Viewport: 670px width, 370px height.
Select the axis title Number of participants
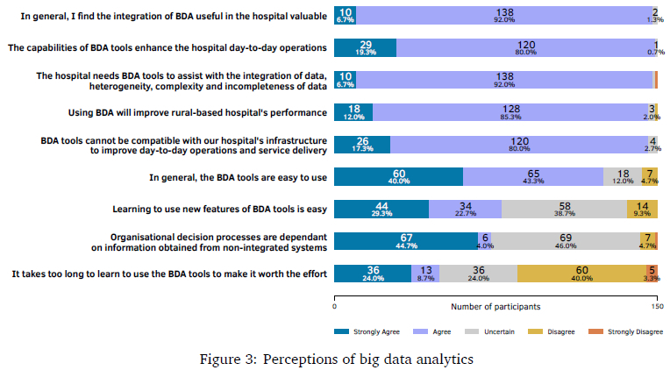pos(495,307)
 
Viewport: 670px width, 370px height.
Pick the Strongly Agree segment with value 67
pos(406,241)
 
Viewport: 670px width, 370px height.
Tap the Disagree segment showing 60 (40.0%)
pos(581,274)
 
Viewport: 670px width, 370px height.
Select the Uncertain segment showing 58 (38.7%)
pos(564,209)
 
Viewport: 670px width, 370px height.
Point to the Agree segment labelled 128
pos(513,112)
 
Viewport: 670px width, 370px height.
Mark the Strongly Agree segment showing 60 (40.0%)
pos(399,176)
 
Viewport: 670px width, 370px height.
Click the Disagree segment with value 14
pos(642,209)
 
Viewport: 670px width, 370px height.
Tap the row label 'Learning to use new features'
pos(220,210)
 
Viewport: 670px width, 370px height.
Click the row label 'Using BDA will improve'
pos(197,113)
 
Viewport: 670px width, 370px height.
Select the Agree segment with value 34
pos(465,209)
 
